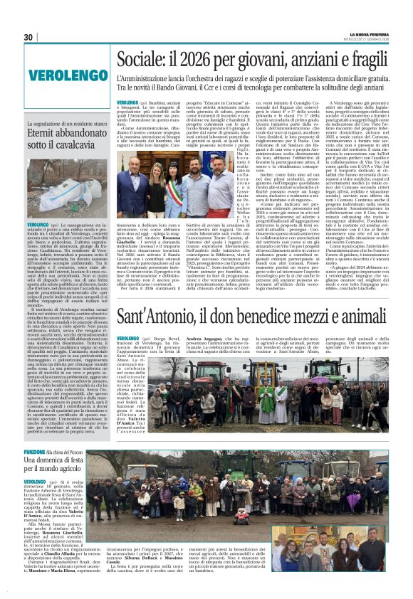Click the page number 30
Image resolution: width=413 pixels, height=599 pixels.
[x=28, y=38]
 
